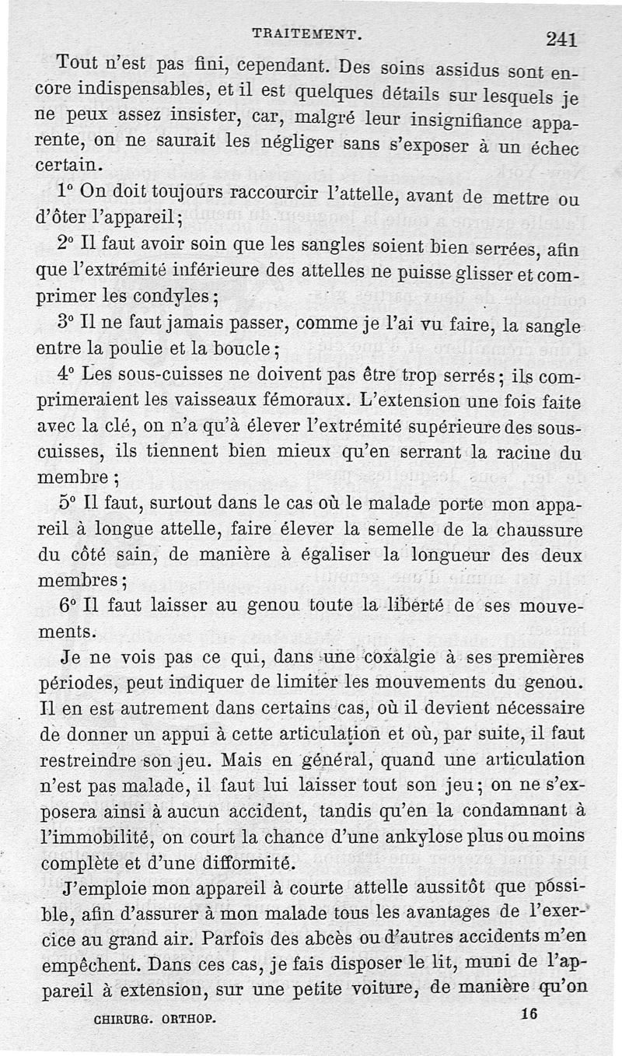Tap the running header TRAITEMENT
click(x=306, y=33)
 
